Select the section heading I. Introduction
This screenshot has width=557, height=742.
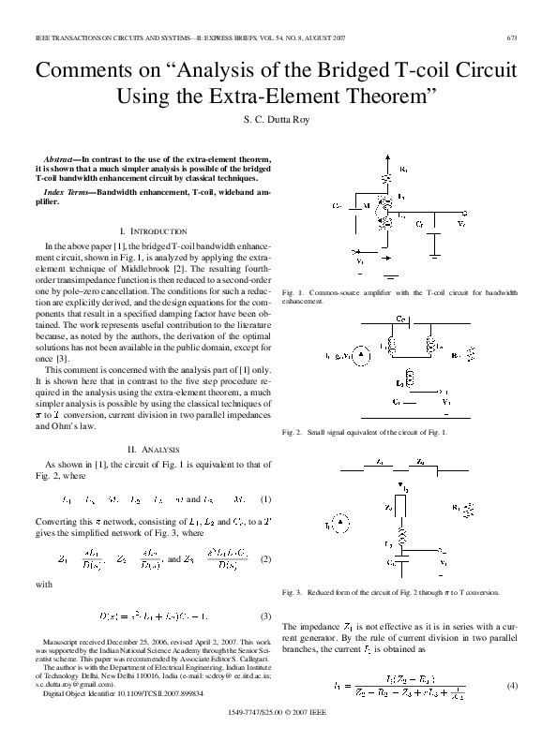pyautogui.click(x=155, y=230)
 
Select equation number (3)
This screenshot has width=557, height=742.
pyautogui.click(x=265, y=616)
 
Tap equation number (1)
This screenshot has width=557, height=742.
pyautogui.click(x=265, y=498)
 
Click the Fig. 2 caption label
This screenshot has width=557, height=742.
pyautogui.click(x=294, y=432)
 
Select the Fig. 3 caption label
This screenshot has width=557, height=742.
pyautogui.click(x=294, y=593)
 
